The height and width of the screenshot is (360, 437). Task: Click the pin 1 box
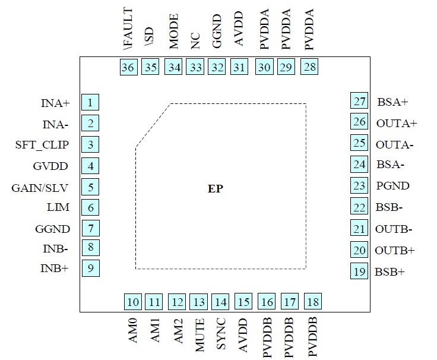tap(90, 103)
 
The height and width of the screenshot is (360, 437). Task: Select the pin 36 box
tap(128, 67)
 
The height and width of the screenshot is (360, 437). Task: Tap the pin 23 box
tap(359, 186)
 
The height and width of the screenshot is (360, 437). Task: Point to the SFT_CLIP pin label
tap(42, 145)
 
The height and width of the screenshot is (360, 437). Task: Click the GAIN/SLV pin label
tap(40, 188)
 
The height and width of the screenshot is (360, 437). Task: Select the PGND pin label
tap(392, 186)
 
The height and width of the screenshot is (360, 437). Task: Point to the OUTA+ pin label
tap(397, 124)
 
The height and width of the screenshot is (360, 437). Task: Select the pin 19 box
tap(359, 271)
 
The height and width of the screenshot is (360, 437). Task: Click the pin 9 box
tap(90, 268)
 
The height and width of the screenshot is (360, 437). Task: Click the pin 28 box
tap(309, 67)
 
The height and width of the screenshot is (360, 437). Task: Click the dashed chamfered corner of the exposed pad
tap(153, 125)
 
